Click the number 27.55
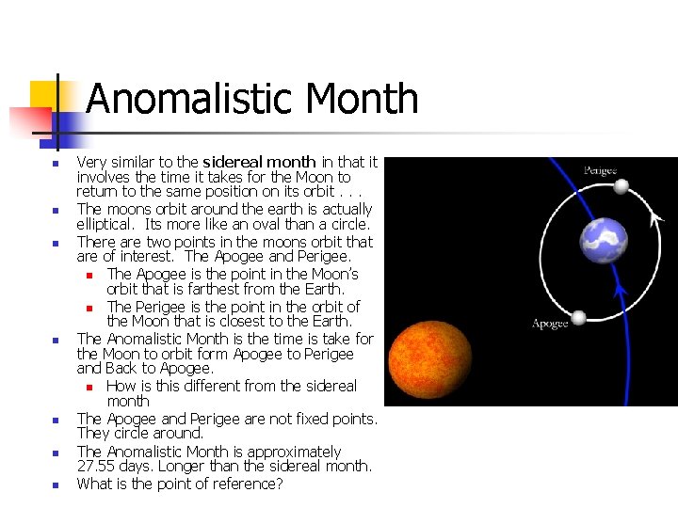click(97, 466)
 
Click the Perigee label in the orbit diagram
click(600, 170)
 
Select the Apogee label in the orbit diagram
click(550, 324)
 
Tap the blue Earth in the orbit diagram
click(604, 241)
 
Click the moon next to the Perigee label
click(621, 186)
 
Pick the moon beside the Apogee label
click(579, 317)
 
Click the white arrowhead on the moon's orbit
click(656, 216)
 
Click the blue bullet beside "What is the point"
click(55, 485)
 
